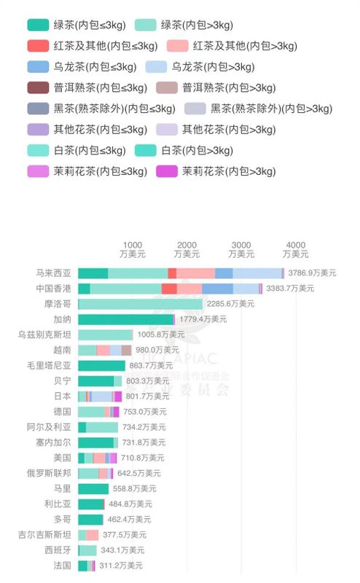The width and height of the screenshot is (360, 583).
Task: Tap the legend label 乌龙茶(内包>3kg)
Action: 213,67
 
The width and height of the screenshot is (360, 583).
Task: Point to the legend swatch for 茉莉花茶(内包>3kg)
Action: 167,172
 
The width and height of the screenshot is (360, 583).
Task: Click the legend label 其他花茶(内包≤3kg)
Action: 95,130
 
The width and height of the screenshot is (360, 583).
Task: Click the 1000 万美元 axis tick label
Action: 133,249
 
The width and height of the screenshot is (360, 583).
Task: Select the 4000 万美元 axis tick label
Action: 295,249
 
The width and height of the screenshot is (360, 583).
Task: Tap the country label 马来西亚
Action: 54,273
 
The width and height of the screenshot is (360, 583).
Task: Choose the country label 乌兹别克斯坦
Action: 45,334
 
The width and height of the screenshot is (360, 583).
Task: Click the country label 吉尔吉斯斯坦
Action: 45,535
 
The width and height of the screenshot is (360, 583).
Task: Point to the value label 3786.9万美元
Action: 312,273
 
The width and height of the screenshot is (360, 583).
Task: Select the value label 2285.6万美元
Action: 231,304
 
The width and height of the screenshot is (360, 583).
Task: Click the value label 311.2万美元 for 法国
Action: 120,566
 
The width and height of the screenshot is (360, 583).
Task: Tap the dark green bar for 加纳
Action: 125,319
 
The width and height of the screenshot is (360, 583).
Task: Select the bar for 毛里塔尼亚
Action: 101,365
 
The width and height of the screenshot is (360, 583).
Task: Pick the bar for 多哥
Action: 90,520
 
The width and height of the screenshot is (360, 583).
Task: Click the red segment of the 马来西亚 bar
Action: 172,273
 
